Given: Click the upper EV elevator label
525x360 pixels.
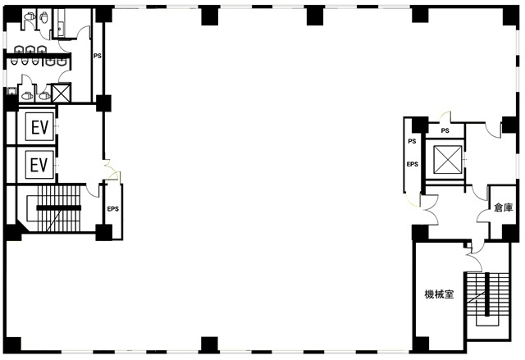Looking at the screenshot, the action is point(40,127).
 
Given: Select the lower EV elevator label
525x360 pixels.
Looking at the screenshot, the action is point(39,165).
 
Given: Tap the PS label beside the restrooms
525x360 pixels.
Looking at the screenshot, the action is point(98,56).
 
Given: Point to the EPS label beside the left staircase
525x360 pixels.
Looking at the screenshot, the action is point(113,209).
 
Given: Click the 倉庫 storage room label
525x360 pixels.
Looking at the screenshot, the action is point(504,207).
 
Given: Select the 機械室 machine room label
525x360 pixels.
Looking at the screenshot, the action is point(439,294).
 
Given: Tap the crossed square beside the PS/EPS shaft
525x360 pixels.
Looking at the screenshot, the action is point(448,160).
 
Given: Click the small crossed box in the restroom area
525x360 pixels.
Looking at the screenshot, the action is point(62,93).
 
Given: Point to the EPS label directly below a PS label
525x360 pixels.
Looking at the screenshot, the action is point(412,164).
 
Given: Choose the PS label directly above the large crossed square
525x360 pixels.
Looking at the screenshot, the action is point(445,131).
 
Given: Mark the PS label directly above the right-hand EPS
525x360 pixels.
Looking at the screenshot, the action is point(412,142).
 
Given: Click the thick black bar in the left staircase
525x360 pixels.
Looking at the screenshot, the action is point(58,207).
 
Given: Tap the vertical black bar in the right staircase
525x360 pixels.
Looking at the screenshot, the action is point(487,294).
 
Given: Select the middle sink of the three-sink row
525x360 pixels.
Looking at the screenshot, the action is point(30,50).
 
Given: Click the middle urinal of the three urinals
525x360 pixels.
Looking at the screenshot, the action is point(25,62).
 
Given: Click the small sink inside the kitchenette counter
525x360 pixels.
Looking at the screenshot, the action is point(60,29).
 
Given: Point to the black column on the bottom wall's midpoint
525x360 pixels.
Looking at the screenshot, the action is point(210,344).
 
